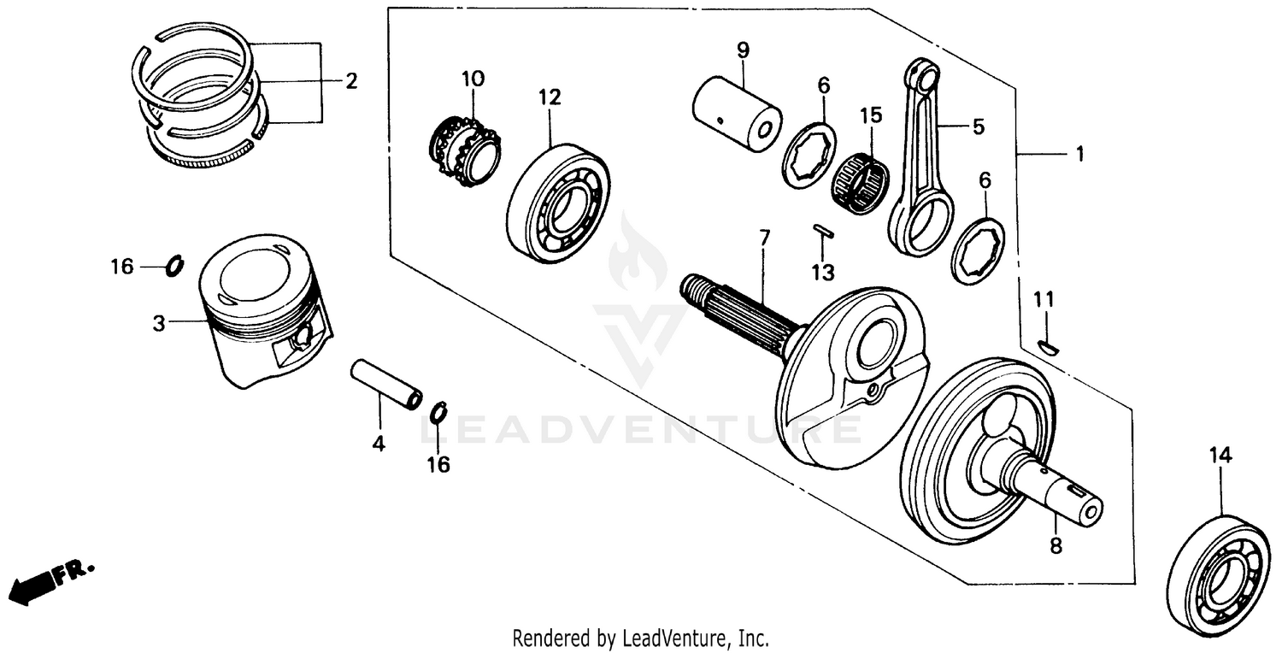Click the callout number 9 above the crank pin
click(743, 50)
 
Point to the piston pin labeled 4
click(386, 385)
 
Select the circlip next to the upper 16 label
click(173, 267)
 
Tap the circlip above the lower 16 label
click(439, 412)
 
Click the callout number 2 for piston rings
click(351, 82)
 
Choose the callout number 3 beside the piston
click(158, 323)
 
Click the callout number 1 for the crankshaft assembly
click(1079, 154)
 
